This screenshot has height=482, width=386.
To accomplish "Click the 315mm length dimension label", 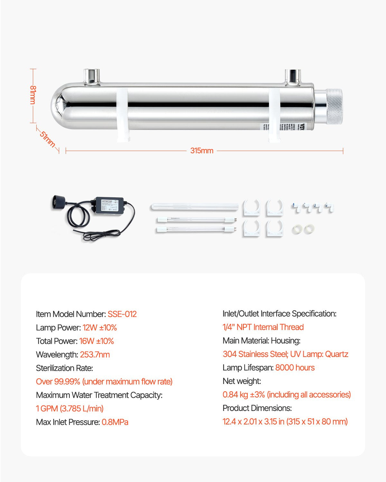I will pos(202,150).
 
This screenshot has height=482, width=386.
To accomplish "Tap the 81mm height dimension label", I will pos(33,95).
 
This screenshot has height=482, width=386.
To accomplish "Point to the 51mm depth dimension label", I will pos(47,138).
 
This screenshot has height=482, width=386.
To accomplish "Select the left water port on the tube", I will pos(92,76).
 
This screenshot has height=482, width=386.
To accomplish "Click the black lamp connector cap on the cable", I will pos(59,202).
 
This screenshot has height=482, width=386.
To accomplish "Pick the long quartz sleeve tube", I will pos(195,207).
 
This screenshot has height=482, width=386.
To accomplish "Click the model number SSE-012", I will pos(122,314).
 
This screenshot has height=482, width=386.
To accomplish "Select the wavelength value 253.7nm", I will pos(95,354).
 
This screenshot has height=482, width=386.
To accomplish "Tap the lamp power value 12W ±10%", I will pos(99,327).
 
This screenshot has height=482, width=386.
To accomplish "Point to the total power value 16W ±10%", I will pos(96,341).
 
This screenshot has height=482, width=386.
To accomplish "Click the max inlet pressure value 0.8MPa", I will pos(115,422).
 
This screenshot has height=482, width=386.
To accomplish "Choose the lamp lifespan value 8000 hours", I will pos(295,368).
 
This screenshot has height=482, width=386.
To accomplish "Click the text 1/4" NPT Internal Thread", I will pos(263,327).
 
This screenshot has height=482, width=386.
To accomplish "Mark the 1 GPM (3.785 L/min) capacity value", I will pos(70,408).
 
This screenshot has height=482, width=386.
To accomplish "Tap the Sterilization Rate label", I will pos(64,368).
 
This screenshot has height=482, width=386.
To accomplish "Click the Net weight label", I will pos(242,381).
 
